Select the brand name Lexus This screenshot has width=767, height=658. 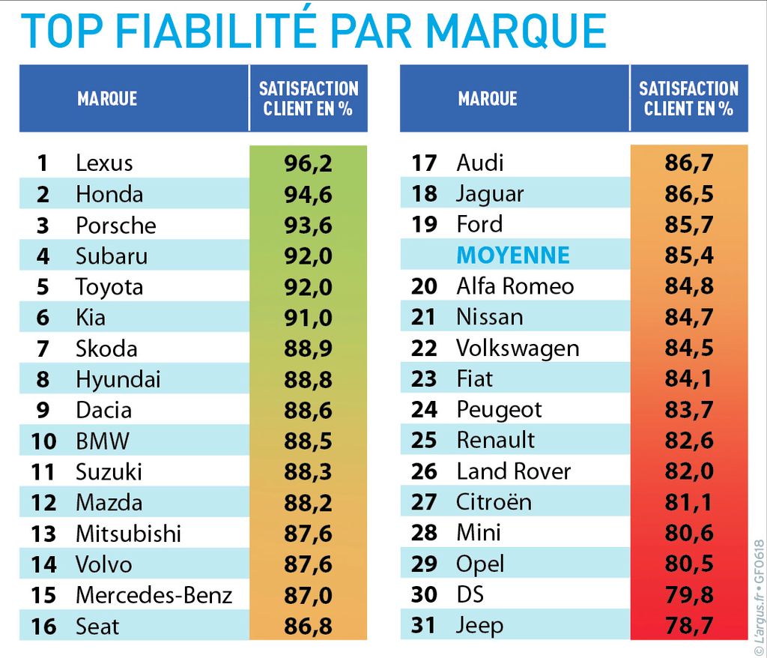(104, 163)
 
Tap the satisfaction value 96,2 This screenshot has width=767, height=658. (308, 163)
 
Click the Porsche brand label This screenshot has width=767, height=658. (116, 225)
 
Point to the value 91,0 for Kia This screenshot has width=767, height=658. (308, 318)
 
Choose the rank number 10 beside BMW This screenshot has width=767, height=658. (43, 441)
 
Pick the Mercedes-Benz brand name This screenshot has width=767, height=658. (154, 595)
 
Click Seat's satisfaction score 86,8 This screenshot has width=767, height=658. (308, 626)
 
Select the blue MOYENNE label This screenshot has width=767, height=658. (513, 256)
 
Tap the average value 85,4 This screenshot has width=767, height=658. (689, 256)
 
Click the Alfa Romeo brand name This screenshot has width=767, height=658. (515, 286)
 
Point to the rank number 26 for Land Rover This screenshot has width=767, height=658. (424, 471)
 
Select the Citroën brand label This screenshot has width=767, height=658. (494, 502)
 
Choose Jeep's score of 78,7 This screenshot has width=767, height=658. (689, 625)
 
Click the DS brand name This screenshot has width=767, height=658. (470, 594)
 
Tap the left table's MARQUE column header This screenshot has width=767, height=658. (107, 98)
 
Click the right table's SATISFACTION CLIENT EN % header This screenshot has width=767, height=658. (688, 98)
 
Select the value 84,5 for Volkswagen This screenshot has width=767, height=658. (689, 348)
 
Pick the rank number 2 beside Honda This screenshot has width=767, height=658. (43, 194)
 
